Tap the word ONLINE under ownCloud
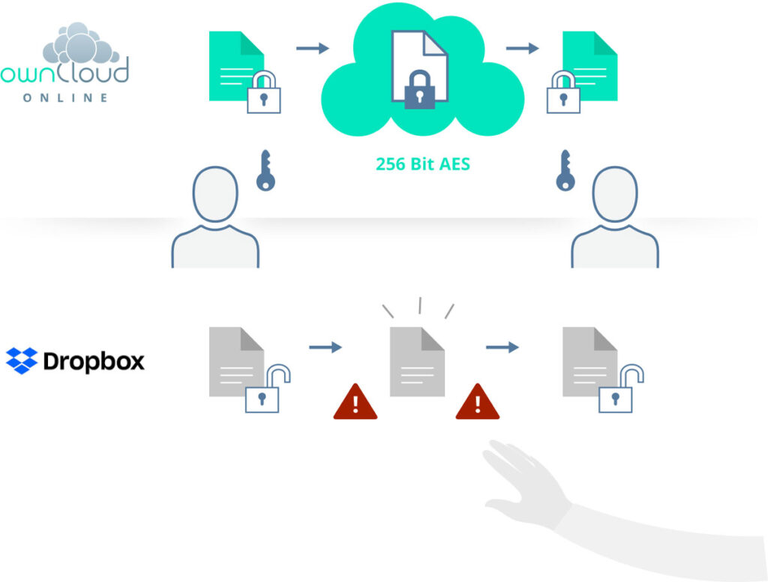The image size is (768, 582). tap(65, 97)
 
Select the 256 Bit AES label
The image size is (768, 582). tap(423, 163)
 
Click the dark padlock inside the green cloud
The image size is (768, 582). tap(419, 91)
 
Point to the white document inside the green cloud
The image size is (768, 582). tap(418, 60)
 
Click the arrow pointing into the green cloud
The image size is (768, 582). tap(312, 49)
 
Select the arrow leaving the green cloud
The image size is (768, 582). tap(522, 49)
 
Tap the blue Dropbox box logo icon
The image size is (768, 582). tap(22, 361)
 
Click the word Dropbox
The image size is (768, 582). tap(94, 361)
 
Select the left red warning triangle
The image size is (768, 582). tap(355, 402)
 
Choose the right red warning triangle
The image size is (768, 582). tap(478, 402)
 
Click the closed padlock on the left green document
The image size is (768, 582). tap(264, 94)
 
